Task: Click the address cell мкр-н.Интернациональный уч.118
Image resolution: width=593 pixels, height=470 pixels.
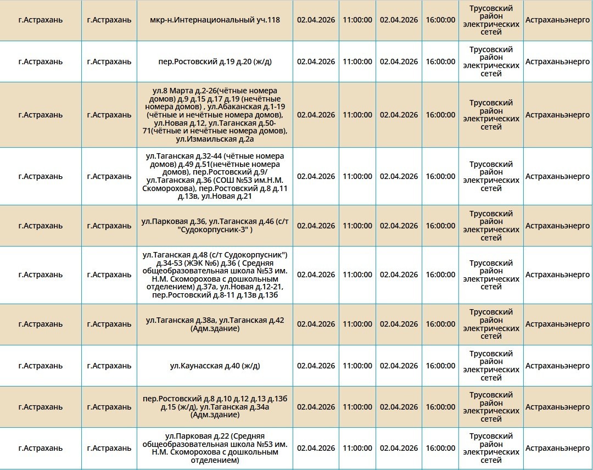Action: (215, 20)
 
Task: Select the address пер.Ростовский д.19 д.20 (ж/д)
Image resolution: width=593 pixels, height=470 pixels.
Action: (215, 61)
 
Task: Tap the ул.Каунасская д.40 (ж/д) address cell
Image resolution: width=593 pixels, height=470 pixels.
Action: (215, 366)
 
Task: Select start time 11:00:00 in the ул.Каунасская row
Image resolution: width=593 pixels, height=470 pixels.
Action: (357, 366)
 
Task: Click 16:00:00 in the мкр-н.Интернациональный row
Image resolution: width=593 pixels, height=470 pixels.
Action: (440, 20)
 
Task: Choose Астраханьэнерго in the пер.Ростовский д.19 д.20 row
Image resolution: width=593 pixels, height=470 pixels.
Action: (557, 61)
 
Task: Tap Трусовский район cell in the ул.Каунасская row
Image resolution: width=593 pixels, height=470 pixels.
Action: (491, 366)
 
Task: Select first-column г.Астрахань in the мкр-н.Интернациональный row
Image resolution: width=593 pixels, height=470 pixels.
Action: (41, 20)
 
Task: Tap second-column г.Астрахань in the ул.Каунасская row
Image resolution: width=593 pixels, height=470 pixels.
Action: (109, 366)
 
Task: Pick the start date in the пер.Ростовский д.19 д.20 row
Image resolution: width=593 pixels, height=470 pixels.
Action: (316, 61)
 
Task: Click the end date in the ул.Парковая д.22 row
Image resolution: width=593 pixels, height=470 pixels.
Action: (399, 448)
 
